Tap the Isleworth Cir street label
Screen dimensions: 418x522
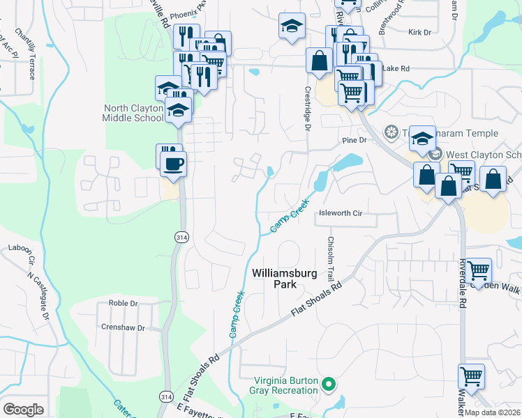point(340,214)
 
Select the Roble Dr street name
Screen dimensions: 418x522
point(124,304)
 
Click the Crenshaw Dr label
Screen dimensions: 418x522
point(122,327)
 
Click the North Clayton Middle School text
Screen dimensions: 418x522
point(133,113)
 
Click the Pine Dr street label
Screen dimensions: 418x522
point(355,140)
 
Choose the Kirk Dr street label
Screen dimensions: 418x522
point(419,32)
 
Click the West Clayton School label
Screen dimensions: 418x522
point(482,154)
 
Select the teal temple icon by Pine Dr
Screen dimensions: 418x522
point(391,132)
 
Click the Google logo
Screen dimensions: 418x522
point(23,410)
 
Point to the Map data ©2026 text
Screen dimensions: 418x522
point(493,412)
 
